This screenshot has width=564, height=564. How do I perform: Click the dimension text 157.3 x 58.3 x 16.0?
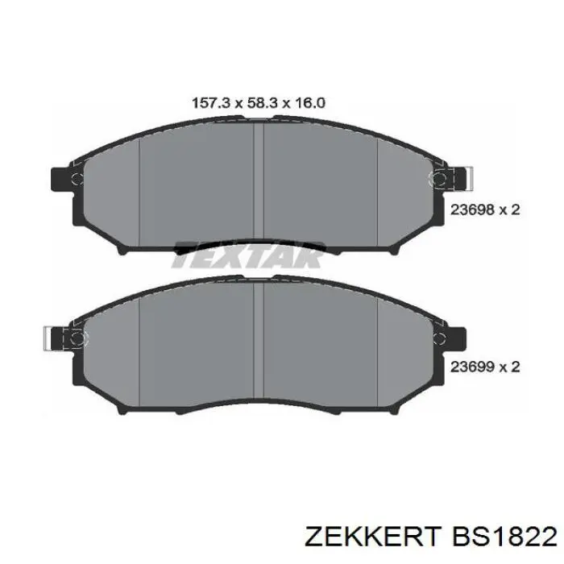(x=259, y=103)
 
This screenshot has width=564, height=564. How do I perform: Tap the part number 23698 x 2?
(x=485, y=209)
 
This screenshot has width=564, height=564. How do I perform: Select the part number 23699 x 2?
(x=485, y=367)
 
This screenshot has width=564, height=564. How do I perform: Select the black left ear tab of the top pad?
(x=61, y=180)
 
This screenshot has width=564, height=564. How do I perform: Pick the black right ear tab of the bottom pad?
(x=456, y=338)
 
